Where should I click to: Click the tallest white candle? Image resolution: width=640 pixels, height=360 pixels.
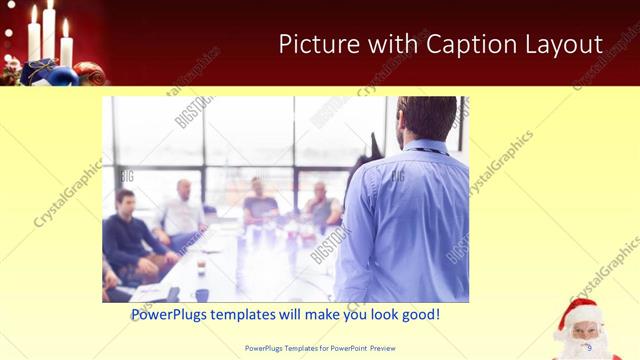(x=48, y=35)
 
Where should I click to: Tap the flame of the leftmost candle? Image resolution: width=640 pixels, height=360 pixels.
(x=34, y=13)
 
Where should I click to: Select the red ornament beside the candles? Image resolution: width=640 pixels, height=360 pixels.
(x=88, y=73)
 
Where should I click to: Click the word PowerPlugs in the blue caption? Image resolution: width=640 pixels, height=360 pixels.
(x=172, y=314)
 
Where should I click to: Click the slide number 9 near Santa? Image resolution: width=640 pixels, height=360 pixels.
(x=588, y=347)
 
